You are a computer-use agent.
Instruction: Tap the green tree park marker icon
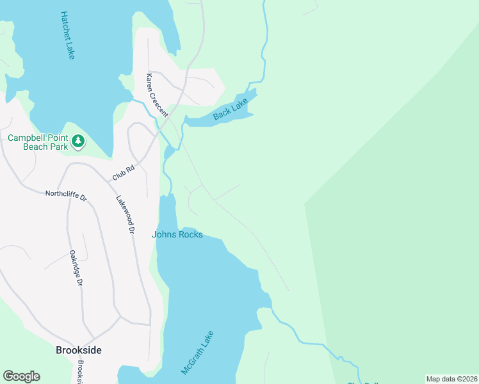(78, 141)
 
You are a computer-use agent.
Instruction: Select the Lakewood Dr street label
(126, 214)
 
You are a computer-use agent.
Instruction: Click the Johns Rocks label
(177, 235)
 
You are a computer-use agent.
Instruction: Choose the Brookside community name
(79, 350)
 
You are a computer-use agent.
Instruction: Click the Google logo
(21, 376)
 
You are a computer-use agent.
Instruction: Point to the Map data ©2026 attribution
(451, 379)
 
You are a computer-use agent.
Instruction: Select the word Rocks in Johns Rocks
(191, 235)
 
